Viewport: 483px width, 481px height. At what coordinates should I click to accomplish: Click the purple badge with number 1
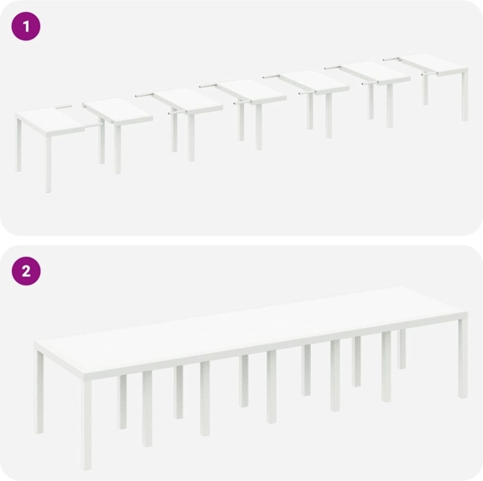[x=26, y=27]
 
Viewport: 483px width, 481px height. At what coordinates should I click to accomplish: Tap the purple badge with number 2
[x=26, y=271]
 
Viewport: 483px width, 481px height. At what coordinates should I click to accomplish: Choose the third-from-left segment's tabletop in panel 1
[x=189, y=100]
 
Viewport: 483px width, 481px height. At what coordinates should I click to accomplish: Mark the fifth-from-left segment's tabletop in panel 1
[x=314, y=81]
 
